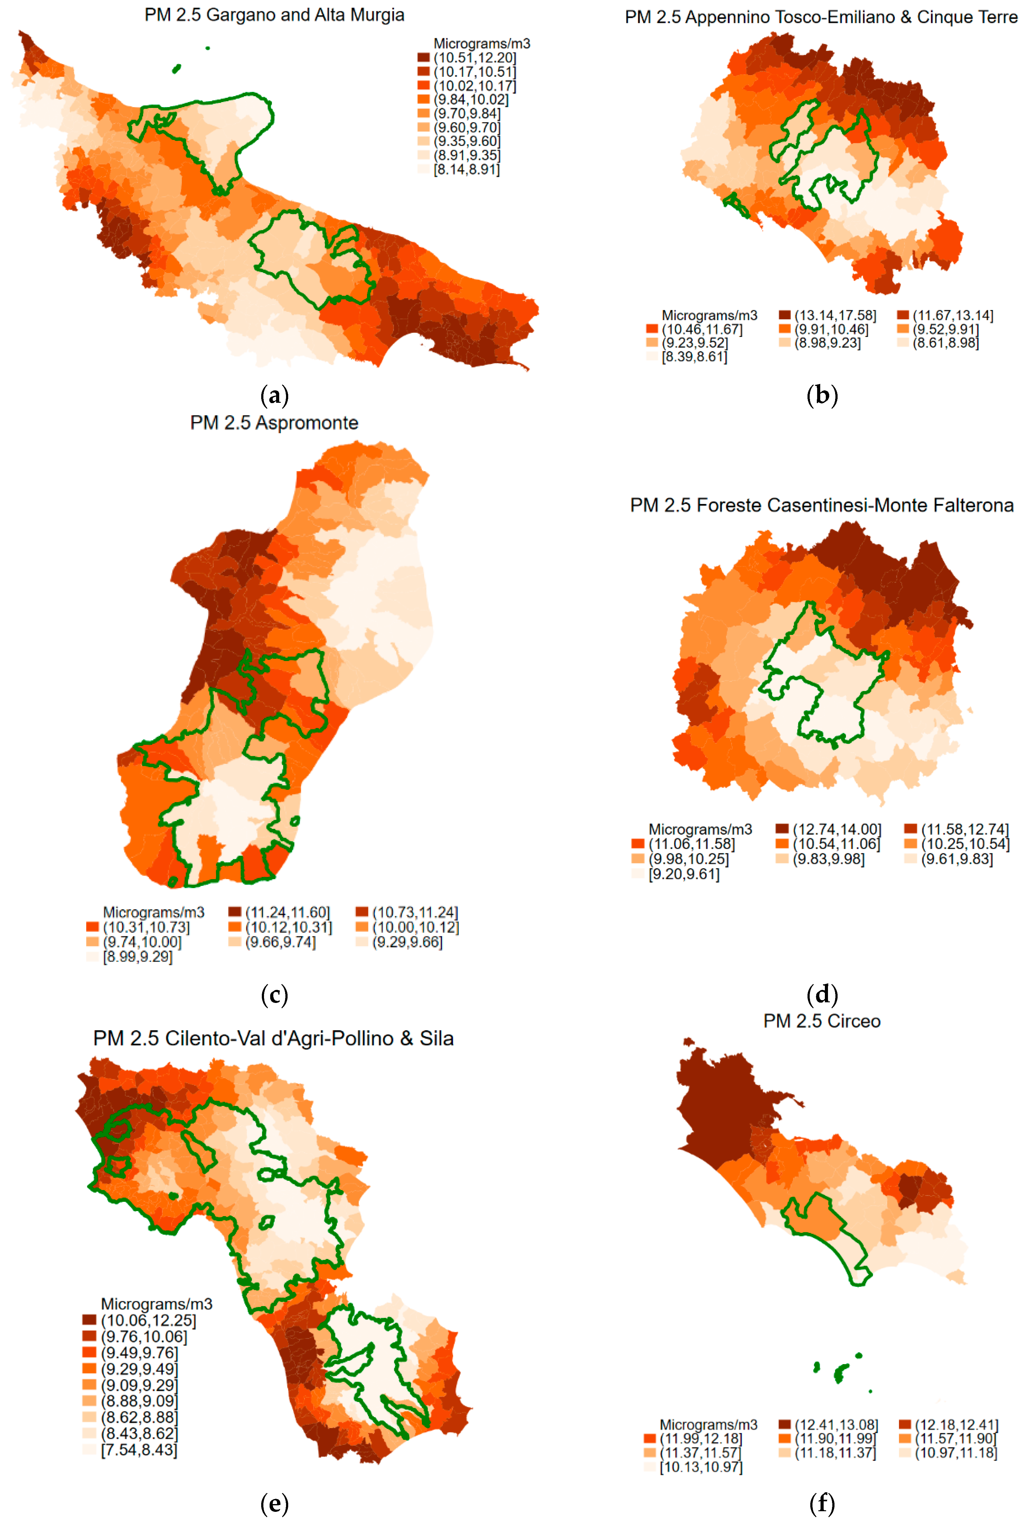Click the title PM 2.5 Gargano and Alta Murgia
[274, 15]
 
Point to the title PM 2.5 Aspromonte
[274, 423]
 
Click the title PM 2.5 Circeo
[822, 1021]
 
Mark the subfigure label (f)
[822, 1503]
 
